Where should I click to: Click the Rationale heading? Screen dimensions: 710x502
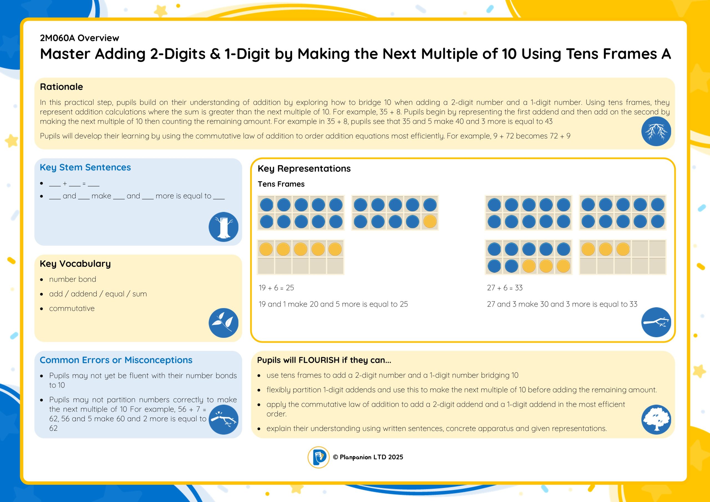click(x=61, y=87)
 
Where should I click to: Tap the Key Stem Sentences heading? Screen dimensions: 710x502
click(x=85, y=168)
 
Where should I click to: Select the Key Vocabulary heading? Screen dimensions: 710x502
click(x=75, y=264)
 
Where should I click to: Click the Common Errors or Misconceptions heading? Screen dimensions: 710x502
click(x=116, y=360)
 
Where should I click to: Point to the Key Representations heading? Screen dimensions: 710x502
click(x=304, y=169)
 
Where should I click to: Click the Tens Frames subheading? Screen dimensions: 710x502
click(x=281, y=184)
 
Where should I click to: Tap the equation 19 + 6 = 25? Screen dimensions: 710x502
click(x=276, y=288)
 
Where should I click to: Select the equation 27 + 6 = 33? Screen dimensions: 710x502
click(x=505, y=288)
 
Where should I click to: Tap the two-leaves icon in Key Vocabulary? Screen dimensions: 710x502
click(x=223, y=323)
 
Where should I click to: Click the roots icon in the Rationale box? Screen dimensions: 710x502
click(x=656, y=131)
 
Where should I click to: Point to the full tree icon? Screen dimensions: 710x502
click(x=656, y=420)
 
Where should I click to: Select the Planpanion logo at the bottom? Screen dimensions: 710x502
click(x=318, y=457)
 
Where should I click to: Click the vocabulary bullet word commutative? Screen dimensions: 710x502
click(x=72, y=309)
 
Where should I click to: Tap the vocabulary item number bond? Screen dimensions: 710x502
click(x=73, y=279)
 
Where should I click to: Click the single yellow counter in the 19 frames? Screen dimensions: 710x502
click(x=430, y=221)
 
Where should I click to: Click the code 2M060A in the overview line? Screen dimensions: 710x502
click(x=57, y=38)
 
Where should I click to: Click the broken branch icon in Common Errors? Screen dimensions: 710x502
click(x=223, y=420)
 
